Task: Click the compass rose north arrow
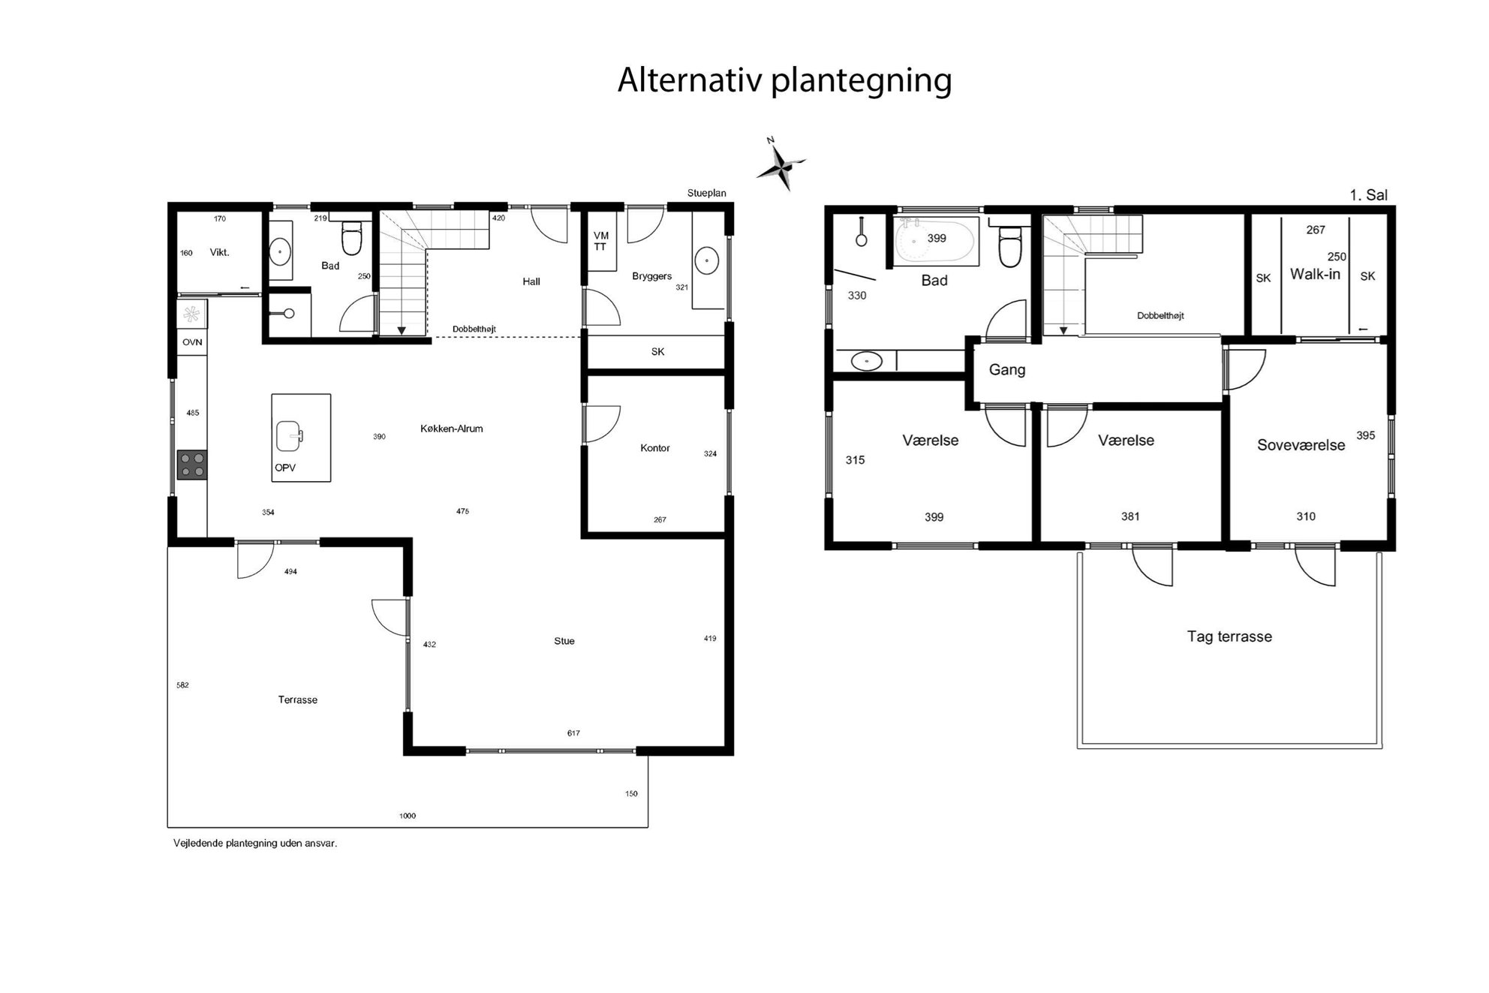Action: pos(780,164)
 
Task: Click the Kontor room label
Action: pos(654,448)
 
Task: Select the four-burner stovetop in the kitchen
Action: pos(192,465)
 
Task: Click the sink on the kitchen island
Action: pos(290,436)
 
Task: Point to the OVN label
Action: pos(192,342)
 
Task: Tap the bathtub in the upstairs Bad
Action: pos(935,241)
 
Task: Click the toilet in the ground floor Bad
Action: pos(351,237)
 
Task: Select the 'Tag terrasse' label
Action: pos(1229,636)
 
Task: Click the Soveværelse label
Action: pos(1301,445)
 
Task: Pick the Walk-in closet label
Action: pos(1315,274)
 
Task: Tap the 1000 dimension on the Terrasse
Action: pos(408,816)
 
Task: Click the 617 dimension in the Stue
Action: pos(573,733)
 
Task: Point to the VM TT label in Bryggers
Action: pos(600,241)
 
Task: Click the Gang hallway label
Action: pos(1007,370)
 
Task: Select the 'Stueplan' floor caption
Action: pos(707,193)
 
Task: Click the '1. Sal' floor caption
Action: pos(1368,195)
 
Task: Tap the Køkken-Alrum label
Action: pos(452,429)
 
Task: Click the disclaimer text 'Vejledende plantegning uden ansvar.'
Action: pos(255,843)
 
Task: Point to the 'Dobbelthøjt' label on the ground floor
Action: pos(474,329)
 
